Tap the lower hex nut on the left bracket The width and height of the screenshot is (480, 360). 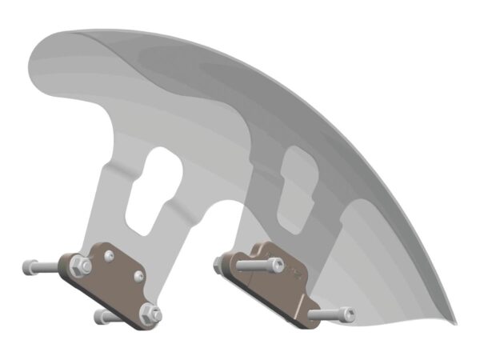pyautogui.click(x=148, y=313)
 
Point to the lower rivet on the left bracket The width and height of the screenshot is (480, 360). pyautogui.click(x=139, y=276)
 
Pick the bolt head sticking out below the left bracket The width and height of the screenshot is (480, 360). pyautogui.click(x=101, y=318)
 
